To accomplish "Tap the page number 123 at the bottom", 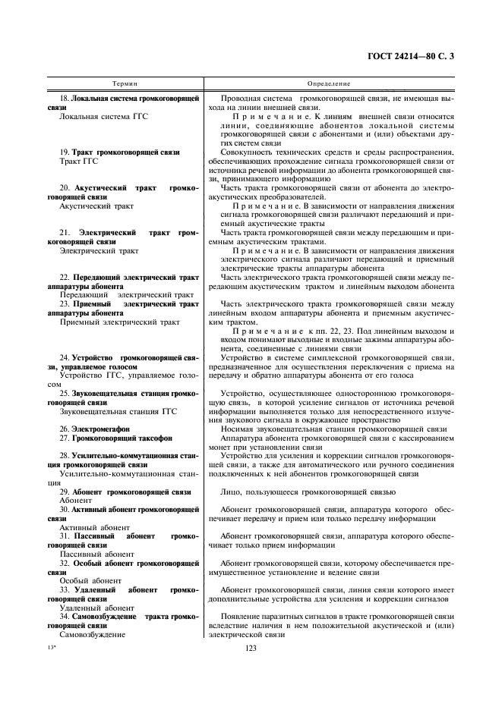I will point(253,647).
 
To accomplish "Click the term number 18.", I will point(64,99).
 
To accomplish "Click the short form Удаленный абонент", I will point(90,607).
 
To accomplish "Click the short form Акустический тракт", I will point(95,206).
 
